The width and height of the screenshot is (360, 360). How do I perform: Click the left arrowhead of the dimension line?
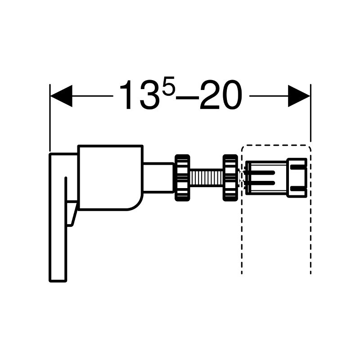click(61, 96)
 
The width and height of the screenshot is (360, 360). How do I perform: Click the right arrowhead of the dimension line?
click(299, 96)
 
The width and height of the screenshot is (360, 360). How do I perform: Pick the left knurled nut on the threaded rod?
click(181, 177)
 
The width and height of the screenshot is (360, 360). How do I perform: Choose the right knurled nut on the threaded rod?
click(230, 177)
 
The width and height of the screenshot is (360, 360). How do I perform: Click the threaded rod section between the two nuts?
click(206, 177)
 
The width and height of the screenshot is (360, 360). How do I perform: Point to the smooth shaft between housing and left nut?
click(158, 177)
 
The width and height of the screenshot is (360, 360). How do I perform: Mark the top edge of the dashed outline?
click(276, 145)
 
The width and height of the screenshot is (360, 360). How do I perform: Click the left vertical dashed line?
click(242, 234)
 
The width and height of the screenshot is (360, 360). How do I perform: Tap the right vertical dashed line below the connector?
click(310, 234)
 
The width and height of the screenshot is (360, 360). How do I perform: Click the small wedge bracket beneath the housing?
click(71, 214)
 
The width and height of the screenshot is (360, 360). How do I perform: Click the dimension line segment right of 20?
click(268, 96)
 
